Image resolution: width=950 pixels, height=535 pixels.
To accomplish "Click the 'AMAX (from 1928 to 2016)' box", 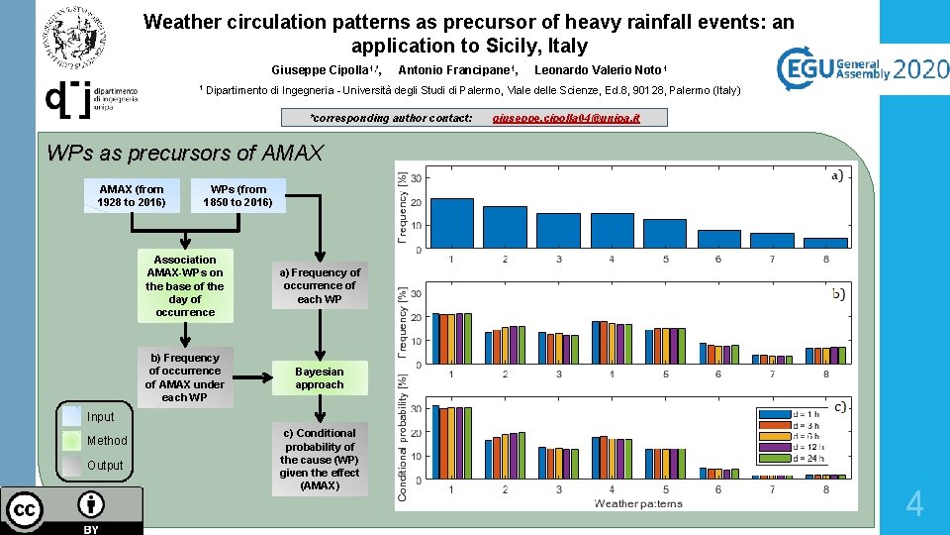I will pos(132,196).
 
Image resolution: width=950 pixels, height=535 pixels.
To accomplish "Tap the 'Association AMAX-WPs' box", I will pos(185,285).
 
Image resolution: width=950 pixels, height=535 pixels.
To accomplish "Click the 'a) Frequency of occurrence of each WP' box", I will pos(320,285).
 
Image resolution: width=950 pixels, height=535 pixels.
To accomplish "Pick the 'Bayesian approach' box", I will pos(320,377).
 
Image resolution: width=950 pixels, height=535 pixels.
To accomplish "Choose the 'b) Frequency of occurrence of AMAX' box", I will pos(185,377).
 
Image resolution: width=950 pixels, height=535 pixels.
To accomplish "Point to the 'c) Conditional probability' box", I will pos(320,460).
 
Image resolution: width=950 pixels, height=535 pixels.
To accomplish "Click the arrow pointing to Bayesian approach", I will pos(253,377).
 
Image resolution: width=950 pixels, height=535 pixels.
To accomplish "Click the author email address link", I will pos(566,118).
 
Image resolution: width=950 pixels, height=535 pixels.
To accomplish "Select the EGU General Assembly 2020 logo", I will pos(861,69).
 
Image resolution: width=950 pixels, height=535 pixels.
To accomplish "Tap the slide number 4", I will pos(914,505).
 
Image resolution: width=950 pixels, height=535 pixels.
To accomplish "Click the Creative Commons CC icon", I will pos(25,510).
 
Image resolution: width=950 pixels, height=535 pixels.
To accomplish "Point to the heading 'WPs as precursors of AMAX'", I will pos(185,153).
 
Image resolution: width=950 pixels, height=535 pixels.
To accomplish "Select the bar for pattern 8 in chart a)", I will pos(825,243).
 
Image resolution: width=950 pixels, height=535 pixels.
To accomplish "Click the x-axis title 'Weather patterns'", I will pos(638,503).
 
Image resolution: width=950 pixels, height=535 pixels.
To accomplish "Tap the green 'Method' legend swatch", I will pos(71,440).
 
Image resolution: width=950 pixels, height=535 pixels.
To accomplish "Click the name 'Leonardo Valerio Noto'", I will pos(599,69).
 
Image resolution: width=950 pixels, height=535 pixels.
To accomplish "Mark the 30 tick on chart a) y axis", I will pos(418,178).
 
